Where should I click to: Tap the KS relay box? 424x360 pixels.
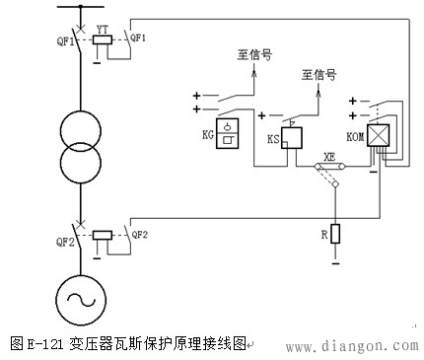click(x=290, y=139)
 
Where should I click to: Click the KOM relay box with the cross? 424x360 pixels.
click(x=376, y=138)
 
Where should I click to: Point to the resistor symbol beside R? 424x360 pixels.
click(x=335, y=234)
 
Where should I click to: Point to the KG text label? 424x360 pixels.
click(x=207, y=131)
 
